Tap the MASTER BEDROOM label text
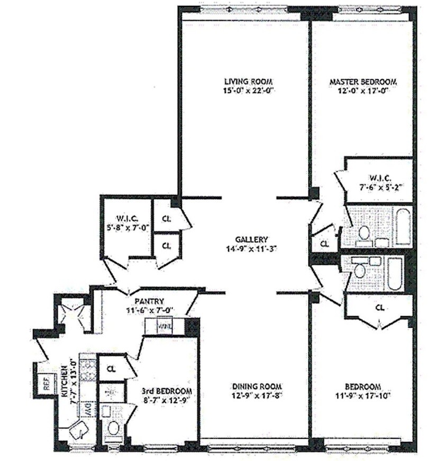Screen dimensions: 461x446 pos(363,82)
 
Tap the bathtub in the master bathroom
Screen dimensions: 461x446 pos(403,227)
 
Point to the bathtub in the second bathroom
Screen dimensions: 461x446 pos(394,273)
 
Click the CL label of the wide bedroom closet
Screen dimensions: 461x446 pos(379,307)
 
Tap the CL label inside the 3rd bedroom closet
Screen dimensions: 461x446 pos(111,368)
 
